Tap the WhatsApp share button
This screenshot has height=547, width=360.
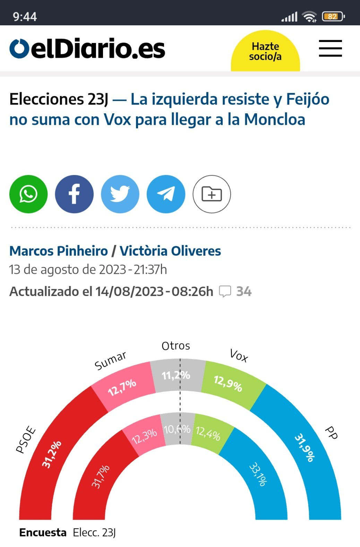pyautogui.click(x=28, y=194)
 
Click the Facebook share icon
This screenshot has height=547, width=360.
pyautogui.click(x=74, y=194)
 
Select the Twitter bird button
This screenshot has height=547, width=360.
pyautogui.click(x=120, y=194)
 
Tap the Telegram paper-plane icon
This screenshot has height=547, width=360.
pyautogui.click(x=166, y=194)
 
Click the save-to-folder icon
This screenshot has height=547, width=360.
pyautogui.click(x=212, y=194)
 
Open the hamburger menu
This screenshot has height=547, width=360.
pyautogui.click(x=330, y=48)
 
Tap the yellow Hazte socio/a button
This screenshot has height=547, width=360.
pyautogui.click(x=265, y=51)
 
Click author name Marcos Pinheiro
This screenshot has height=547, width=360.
pyautogui.click(x=59, y=251)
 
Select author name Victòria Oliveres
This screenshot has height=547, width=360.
pyautogui.click(x=170, y=251)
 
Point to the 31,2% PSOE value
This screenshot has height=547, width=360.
pyautogui.click(x=52, y=454)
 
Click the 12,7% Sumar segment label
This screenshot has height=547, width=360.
pyautogui.click(x=122, y=387)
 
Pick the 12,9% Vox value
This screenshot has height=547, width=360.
pyautogui.click(x=228, y=383)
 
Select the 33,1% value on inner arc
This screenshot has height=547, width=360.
pyautogui.click(x=258, y=474)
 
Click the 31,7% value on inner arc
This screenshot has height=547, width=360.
pyautogui.click(x=101, y=476)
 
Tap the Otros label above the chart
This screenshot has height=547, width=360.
pyautogui.click(x=176, y=346)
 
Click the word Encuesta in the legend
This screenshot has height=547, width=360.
pyautogui.click(x=43, y=532)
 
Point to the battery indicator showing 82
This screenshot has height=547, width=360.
pyautogui.click(x=333, y=16)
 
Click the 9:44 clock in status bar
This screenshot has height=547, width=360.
pyautogui.click(x=25, y=16)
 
